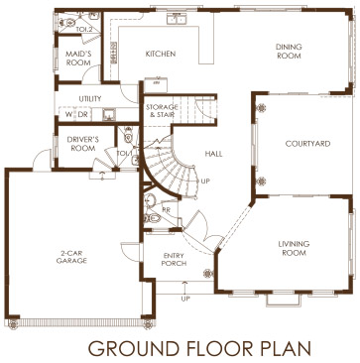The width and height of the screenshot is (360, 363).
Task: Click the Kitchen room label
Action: (x=161, y=54)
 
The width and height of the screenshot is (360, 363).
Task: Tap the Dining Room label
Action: (x=289, y=52)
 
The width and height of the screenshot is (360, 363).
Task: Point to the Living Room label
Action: (x=294, y=248)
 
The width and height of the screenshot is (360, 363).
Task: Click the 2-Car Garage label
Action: (x=71, y=257)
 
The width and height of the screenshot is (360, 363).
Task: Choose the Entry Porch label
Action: (x=175, y=260)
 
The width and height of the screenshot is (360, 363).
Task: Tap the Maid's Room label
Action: (x=78, y=58)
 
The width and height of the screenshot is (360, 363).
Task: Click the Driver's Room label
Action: (x=81, y=144)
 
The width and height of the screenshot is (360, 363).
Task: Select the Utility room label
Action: (x=90, y=99)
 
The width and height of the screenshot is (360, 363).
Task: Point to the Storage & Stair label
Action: (x=162, y=111)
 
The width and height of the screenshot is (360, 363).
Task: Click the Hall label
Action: (x=213, y=154)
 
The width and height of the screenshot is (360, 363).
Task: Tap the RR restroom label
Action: (x=166, y=209)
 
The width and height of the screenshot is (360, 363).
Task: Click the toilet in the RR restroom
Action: (x=153, y=218)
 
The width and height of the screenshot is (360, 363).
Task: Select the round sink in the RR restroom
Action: (x=151, y=200)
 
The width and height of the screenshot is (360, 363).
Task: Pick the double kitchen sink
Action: (x=177, y=20)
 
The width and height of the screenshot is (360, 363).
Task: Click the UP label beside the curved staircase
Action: (x=205, y=181)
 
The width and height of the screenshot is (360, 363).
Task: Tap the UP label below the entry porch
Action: (x=185, y=299)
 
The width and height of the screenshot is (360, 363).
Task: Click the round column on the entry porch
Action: (x=208, y=273)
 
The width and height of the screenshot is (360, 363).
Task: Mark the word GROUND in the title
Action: (x=134, y=348)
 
